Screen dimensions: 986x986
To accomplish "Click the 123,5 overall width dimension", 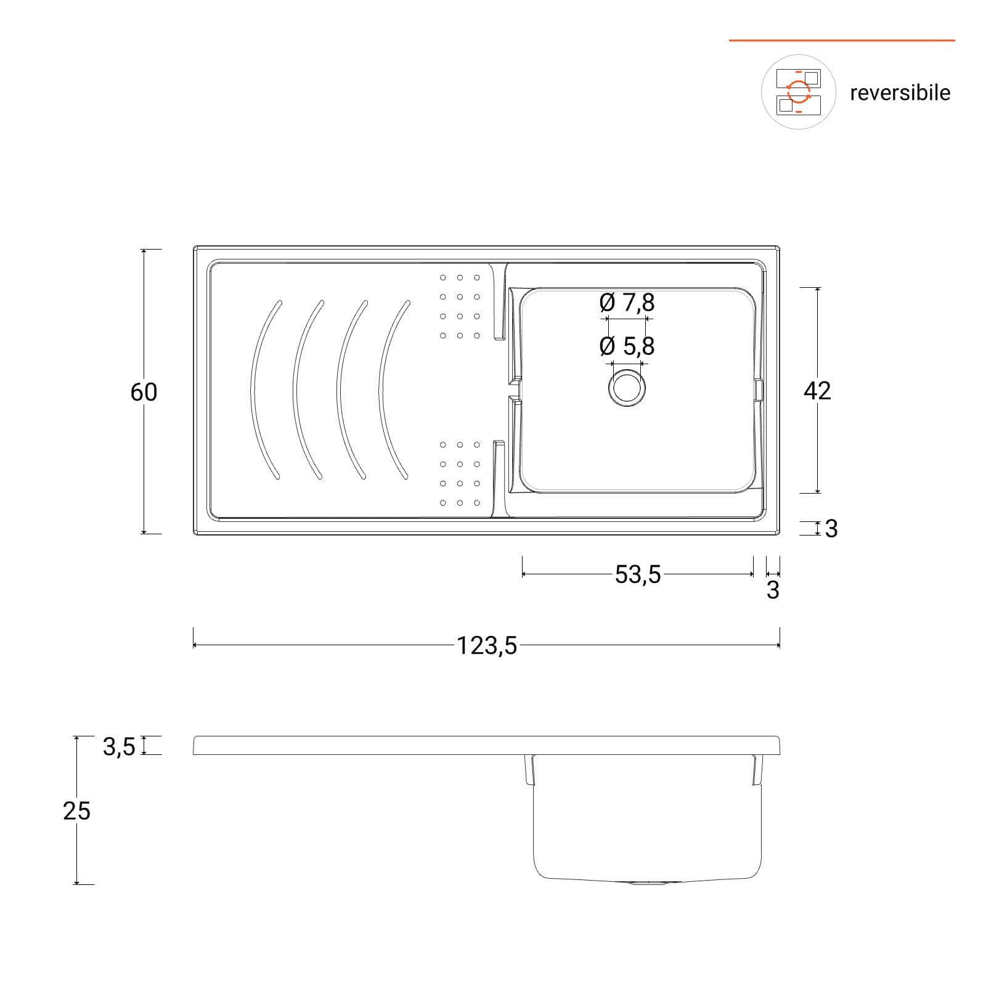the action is coord(487,646).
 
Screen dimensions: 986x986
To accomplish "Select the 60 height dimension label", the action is coord(144,392).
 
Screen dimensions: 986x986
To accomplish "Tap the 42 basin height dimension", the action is coord(818,391).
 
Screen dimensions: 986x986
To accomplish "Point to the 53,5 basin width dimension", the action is coord(638,574).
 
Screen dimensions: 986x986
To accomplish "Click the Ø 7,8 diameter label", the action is coord(627,302).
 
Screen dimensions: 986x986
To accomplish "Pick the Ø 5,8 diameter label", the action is coord(627,346).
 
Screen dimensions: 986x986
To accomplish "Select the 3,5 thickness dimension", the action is coord(119,747).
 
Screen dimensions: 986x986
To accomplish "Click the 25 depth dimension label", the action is coord(76,811).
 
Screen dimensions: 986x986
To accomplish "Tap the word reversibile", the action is coord(900,93).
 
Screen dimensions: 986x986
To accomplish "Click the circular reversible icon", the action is coord(799,92).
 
